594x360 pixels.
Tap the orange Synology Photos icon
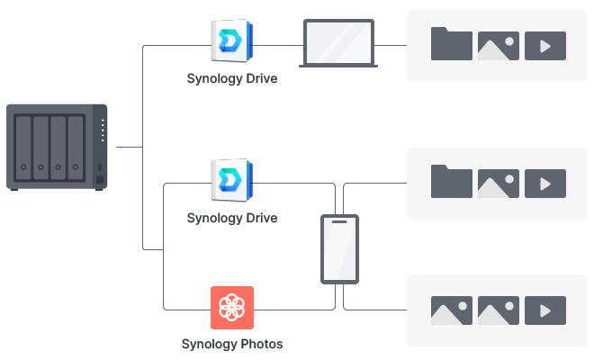coord(232,308)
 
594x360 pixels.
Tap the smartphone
coord(340,249)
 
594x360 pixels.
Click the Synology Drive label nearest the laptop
coord(232,79)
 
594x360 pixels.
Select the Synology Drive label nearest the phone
coord(232,219)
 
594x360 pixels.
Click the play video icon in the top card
coord(545,46)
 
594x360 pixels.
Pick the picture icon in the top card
coord(499,46)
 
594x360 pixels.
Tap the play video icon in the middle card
coord(545,184)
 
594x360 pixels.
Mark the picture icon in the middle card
coord(499,184)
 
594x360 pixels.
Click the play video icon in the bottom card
coord(545,310)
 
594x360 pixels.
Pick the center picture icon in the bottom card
coord(499,310)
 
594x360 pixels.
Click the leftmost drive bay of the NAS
coord(23,147)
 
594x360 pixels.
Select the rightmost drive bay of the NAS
coord(74,147)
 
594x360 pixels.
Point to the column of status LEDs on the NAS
coord(103,131)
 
